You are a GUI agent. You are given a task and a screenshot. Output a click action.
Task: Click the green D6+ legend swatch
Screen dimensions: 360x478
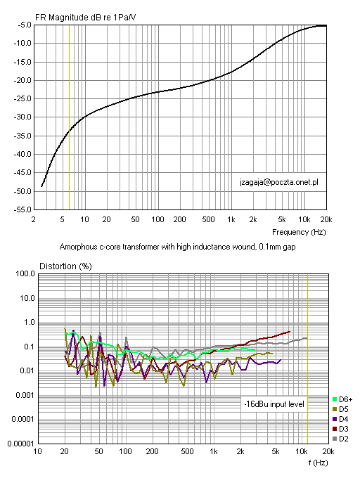(x=335, y=399)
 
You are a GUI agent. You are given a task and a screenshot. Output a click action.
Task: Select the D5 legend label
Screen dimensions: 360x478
(x=344, y=409)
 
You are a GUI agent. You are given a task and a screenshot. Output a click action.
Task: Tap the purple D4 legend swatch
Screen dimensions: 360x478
(x=335, y=419)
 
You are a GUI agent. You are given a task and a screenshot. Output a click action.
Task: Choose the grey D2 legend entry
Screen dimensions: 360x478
(x=340, y=439)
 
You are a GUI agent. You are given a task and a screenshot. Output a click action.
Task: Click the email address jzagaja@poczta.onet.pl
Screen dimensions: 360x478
(x=279, y=182)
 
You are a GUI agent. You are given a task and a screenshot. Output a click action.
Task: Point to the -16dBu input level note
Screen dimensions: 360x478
(x=274, y=404)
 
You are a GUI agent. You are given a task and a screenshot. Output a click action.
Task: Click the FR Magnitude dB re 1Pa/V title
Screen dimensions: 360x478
(x=85, y=18)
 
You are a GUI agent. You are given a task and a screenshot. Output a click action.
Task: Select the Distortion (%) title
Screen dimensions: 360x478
(x=65, y=266)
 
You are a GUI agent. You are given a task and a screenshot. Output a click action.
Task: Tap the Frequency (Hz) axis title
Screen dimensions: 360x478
(x=299, y=232)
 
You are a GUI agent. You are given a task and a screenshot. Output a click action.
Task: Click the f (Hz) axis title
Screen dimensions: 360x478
(x=318, y=463)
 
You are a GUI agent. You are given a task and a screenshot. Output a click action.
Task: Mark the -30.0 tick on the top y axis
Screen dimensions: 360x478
(x=22, y=117)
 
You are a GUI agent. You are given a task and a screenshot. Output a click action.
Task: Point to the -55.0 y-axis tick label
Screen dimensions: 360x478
(x=22, y=209)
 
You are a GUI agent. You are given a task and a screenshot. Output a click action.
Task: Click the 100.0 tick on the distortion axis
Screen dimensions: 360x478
(x=25, y=273)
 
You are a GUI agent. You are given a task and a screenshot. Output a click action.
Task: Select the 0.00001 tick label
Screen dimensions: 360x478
(x=20, y=444)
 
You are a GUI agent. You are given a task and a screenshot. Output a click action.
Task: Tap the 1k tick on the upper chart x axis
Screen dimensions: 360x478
(x=231, y=219)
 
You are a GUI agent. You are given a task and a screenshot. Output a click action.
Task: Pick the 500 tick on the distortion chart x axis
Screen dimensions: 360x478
(x=187, y=451)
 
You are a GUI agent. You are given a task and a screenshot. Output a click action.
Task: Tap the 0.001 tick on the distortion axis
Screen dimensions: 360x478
(x=25, y=395)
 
